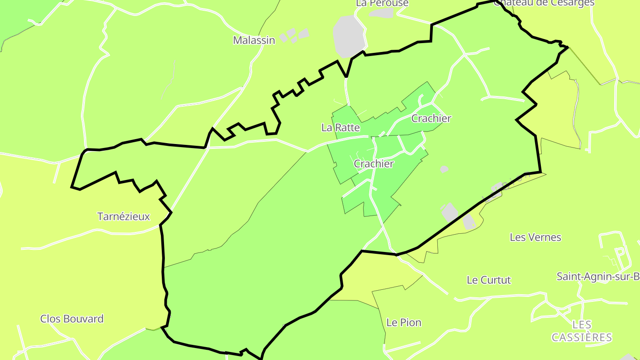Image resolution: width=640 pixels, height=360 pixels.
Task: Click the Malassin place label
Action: click(254, 40)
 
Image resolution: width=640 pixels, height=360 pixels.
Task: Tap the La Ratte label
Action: click(340, 128)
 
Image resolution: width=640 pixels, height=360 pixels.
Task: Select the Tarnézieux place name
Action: click(124, 217)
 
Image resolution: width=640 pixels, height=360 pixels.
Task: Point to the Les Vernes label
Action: click(536, 237)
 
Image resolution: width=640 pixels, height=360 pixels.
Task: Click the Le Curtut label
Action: click(489, 280)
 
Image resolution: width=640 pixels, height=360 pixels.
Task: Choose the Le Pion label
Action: click(404, 323)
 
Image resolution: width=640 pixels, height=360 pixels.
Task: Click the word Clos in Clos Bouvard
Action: click(51, 319)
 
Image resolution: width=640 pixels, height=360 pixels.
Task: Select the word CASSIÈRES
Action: click(582, 337)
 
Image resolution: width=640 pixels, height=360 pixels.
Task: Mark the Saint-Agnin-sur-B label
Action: click(598, 276)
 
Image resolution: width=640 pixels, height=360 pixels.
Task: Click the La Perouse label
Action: click(382, 4)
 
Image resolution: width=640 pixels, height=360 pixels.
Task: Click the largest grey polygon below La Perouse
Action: click(349, 36)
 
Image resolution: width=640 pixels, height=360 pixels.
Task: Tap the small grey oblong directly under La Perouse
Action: click(381, 13)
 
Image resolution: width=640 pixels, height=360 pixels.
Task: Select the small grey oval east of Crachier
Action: click(444, 169)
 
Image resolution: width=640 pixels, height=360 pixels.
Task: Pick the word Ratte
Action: click(348, 128)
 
